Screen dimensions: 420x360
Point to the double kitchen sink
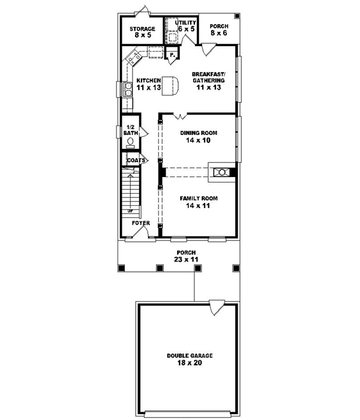[x=128, y=88]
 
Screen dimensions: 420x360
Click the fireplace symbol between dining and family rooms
[x=220, y=172]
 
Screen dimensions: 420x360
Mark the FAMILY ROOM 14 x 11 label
[x=199, y=201]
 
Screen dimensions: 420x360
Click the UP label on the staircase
[x=130, y=211]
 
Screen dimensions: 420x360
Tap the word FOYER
[x=141, y=223]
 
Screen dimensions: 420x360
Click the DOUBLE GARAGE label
[x=190, y=359]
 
